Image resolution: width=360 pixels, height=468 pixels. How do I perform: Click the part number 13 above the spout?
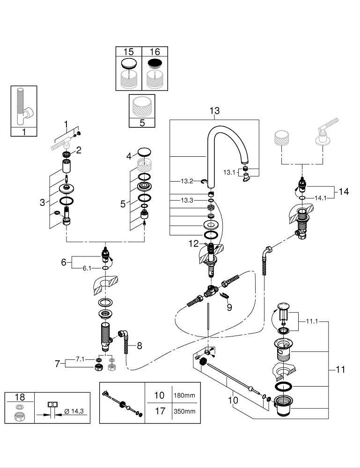tap(214, 111)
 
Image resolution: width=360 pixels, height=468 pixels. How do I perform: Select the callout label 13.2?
tap(187, 181)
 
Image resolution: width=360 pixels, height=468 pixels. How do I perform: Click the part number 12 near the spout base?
tap(193, 243)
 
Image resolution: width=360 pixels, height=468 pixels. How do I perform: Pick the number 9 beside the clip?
tap(229, 307)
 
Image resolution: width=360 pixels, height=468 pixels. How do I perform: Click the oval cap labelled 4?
tap(145, 152)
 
